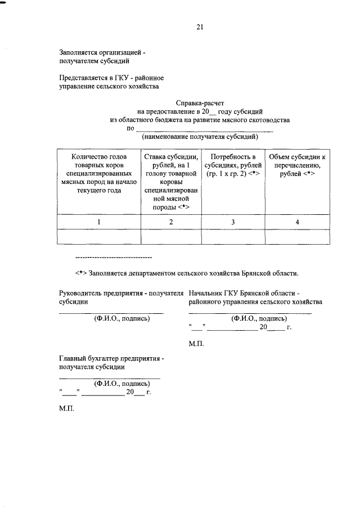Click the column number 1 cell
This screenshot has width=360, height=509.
[98, 223]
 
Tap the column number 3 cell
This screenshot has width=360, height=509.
[233, 223]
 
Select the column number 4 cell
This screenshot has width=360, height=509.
[297, 223]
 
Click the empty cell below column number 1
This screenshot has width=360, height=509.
[98, 237]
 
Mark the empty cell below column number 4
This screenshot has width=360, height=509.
[297, 237]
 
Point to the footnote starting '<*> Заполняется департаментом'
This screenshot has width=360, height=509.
[186, 273]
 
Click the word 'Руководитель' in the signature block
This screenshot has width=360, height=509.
[82, 293]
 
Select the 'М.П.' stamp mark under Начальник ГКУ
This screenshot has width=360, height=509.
[196, 343]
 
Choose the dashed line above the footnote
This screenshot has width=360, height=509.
[114, 257]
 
